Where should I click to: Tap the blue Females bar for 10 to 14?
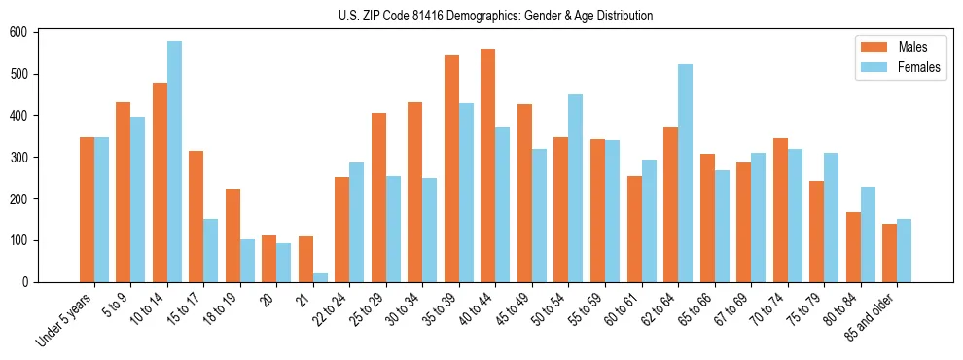point(174,162)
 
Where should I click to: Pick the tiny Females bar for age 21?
point(320,277)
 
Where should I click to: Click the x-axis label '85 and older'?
point(872,316)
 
